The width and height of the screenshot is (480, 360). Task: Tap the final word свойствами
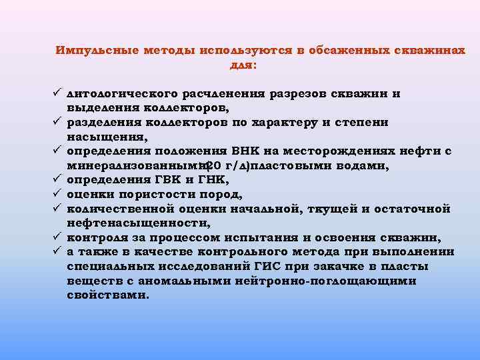[x=107, y=295]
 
